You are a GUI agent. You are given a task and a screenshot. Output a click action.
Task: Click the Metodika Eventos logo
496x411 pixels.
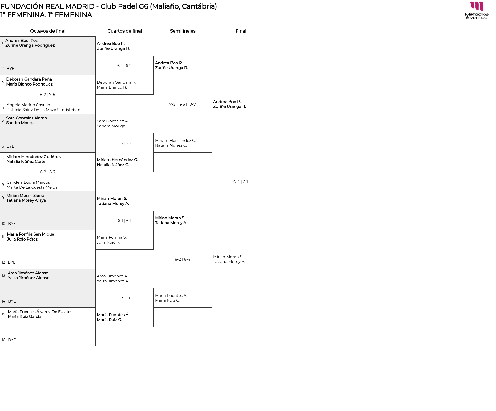(477, 10)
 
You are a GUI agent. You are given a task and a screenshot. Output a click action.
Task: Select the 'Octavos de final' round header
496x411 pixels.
(48, 31)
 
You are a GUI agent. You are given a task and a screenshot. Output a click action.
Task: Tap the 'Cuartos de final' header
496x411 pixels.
(125, 31)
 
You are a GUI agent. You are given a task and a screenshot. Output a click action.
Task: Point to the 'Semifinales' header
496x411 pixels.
(183, 31)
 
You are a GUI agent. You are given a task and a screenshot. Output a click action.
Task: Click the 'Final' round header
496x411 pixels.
(241, 31)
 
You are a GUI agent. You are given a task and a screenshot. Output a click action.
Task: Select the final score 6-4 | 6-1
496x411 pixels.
(241, 182)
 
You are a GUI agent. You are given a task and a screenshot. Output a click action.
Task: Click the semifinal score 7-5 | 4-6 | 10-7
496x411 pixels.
(183, 104)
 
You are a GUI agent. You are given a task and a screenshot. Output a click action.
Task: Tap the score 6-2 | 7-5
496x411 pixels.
(48, 95)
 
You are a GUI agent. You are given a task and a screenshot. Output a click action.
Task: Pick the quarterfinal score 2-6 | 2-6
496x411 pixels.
(125, 143)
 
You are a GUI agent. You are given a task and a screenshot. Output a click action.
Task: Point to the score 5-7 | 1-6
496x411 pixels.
(124, 298)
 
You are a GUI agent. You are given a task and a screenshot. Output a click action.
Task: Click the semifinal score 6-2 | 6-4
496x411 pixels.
(182, 259)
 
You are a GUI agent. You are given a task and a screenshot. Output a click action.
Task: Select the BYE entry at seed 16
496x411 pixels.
(12, 340)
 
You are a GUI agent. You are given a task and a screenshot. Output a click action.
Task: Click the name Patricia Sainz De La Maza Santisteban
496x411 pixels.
(43, 110)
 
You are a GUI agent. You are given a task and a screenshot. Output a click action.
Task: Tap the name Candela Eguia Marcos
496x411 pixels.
(28, 182)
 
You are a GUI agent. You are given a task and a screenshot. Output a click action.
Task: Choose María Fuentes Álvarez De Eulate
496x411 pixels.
(39, 312)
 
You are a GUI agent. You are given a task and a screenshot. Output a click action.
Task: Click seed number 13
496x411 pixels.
(3, 275)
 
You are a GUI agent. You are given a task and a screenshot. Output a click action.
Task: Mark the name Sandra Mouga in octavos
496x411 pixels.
(20, 123)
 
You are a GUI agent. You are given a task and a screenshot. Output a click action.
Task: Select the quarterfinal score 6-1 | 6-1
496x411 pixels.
(125, 221)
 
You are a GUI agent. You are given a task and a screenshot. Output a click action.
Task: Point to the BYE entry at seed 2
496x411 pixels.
(10, 69)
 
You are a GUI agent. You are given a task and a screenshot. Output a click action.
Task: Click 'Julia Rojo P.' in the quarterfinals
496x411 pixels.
(109, 242)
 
